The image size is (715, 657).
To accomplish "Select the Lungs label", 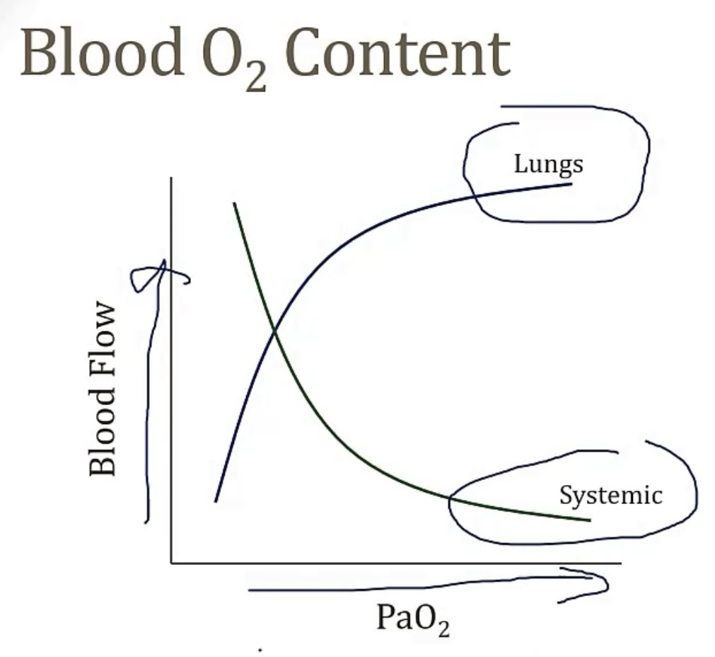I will click(x=548, y=164).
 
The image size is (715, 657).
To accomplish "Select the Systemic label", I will click(x=610, y=494).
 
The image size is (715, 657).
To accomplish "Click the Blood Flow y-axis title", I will click(x=103, y=389).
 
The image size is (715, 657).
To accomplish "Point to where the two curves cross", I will click(x=274, y=331).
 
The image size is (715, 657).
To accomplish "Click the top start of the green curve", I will click(x=233, y=203).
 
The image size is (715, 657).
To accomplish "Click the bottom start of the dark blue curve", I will click(x=216, y=501).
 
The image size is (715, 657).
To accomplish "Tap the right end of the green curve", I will click(x=589, y=520).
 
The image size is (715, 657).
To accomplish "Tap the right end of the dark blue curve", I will click(x=571, y=184).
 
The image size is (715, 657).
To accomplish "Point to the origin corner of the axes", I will click(x=171, y=563).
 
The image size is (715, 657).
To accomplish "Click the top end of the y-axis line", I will click(x=171, y=178).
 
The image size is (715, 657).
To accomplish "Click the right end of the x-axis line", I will click(x=620, y=563).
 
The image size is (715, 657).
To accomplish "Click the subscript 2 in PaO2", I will click(x=443, y=629).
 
